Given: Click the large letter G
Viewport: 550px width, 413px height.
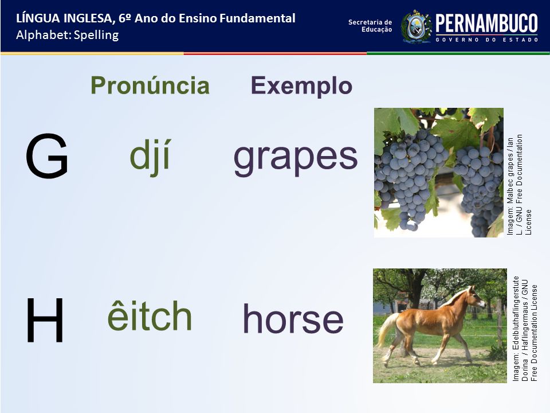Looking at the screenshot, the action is pyautogui.click(x=47, y=156).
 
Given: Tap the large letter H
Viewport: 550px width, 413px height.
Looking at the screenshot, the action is pyautogui.click(x=45, y=320).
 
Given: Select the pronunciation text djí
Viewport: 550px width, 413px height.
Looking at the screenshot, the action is pyautogui.click(x=150, y=157).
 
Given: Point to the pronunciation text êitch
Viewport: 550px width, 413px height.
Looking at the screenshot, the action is pyautogui.click(x=150, y=315).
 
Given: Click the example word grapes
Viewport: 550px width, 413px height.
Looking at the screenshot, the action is pyautogui.click(x=296, y=158).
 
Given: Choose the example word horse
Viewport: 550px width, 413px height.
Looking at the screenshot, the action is pyautogui.click(x=293, y=318).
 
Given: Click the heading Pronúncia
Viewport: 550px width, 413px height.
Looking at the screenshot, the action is pyautogui.click(x=150, y=85).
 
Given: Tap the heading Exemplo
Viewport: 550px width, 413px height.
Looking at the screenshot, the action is pyautogui.click(x=301, y=86).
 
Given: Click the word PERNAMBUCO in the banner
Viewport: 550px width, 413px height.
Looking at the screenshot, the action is pyautogui.click(x=486, y=24).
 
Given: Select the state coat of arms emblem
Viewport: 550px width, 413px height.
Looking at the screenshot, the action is pyautogui.click(x=416, y=27).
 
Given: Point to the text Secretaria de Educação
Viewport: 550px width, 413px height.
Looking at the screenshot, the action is pyautogui.click(x=370, y=26).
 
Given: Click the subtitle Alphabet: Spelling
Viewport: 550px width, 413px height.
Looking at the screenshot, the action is pyautogui.click(x=68, y=35).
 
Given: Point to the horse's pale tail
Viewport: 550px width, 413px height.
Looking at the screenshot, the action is pyautogui.click(x=386, y=329).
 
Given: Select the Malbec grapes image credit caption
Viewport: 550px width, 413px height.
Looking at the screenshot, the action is pyautogui.click(x=519, y=185).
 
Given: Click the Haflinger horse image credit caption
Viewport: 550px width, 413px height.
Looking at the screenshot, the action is pyautogui.click(x=525, y=329).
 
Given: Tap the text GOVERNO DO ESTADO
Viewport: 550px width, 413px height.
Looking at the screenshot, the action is pyautogui.click(x=487, y=40).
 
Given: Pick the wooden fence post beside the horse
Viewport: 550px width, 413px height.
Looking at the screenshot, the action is pyautogui.click(x=500, y=323).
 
